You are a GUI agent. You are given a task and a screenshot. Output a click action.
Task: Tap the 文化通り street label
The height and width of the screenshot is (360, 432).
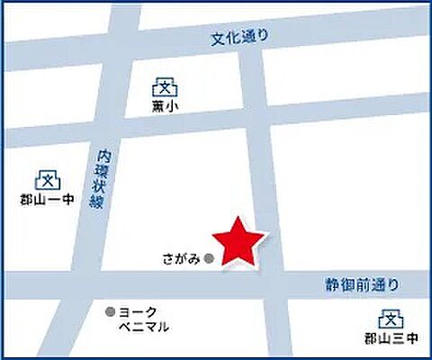coord(241,37)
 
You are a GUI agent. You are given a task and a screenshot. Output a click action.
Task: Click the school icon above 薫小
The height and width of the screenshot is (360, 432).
coord(164,86)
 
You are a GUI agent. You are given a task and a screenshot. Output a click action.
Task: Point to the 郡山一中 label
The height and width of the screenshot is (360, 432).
coord(46,200)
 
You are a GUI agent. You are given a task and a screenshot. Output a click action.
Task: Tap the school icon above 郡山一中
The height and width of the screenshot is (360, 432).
coord(47,179)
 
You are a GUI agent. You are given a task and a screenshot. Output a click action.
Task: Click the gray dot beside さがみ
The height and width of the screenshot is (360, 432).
coord(210,259)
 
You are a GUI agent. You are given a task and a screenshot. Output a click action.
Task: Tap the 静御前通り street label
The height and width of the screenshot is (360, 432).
coord(361,284)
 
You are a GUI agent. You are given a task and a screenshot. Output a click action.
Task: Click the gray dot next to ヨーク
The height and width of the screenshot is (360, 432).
coord(111,311)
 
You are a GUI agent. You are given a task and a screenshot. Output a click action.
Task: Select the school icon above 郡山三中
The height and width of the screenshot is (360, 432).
coord(390,319)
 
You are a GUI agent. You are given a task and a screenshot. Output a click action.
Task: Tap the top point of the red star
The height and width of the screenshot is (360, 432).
coord(238,219)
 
